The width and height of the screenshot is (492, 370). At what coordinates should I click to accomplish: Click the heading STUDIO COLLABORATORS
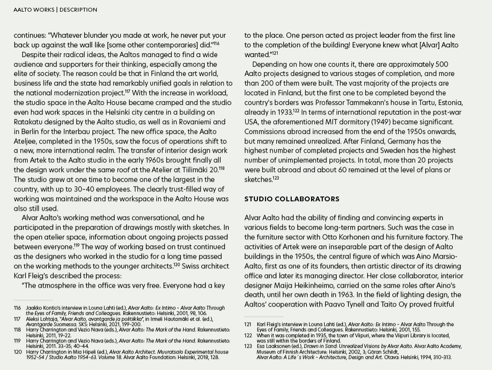tap(292, 199)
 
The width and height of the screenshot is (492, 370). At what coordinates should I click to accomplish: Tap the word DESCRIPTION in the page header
tap(78, 9)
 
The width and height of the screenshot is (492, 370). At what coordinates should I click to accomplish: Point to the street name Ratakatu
tap(30, 122)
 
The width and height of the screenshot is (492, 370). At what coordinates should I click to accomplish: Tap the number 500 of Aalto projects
tap(442, 64)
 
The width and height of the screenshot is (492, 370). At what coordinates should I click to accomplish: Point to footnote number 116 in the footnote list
tap(17, 308)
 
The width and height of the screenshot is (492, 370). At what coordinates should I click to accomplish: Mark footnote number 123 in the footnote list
tap(248, 346)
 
